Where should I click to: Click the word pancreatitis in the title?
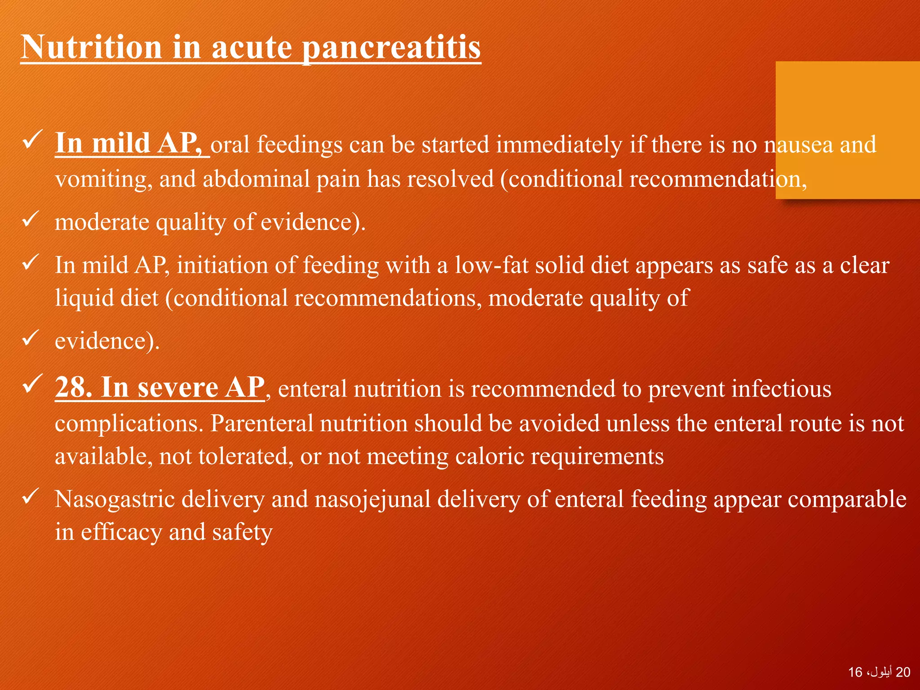391,48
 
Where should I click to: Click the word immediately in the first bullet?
560,145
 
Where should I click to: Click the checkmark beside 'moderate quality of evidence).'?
32,219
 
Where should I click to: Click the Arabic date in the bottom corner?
879,672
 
